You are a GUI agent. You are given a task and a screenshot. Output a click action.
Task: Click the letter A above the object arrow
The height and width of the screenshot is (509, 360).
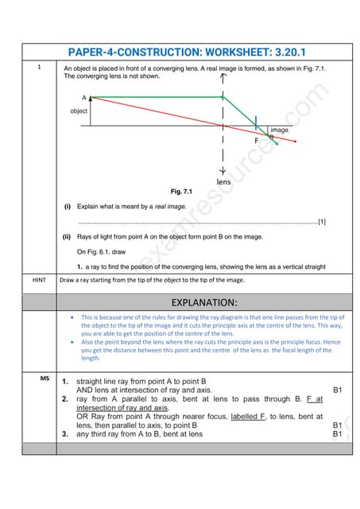click(84, 97)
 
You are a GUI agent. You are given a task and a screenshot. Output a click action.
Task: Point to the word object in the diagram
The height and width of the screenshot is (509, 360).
click(79, 111)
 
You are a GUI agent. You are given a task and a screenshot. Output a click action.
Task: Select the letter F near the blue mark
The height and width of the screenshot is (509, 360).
click(256, 140)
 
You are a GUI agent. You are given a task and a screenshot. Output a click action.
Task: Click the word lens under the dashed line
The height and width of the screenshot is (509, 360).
click(223, 182)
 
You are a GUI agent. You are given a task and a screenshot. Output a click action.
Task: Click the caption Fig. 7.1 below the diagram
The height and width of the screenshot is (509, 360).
click(181, 192)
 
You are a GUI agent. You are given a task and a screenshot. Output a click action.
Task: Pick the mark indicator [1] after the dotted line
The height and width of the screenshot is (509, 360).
click(321, 222)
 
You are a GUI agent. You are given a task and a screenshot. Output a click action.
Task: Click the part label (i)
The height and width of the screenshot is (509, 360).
click(68, 207)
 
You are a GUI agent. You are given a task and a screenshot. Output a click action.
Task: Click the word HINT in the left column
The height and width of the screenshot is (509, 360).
click(39, 280)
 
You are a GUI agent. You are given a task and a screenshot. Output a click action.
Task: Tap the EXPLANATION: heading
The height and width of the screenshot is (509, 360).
click(206, 302)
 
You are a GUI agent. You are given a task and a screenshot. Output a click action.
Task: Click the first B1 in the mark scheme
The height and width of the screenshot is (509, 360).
click(338, 390)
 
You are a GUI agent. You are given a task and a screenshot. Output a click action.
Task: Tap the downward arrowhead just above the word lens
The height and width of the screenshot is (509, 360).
click(223, 171)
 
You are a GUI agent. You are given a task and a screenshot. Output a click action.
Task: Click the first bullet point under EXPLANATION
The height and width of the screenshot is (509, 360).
click(74, 317)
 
